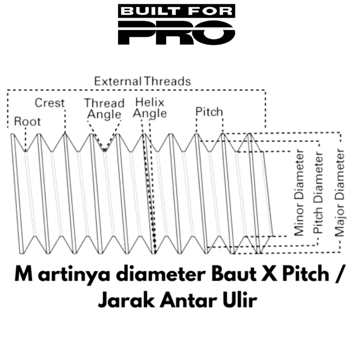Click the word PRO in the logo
click(177, 33)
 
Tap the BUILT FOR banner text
click(177, 11)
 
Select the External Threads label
click(142, 81)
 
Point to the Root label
click(27, 121)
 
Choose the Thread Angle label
click(104, 109)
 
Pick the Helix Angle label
click(150, 108)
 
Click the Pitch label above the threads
click(209, 112)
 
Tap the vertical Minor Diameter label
click(299, 192)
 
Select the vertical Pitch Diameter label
click(318, 192)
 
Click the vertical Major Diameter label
click(339, 192)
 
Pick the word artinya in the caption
click(74, 275)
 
